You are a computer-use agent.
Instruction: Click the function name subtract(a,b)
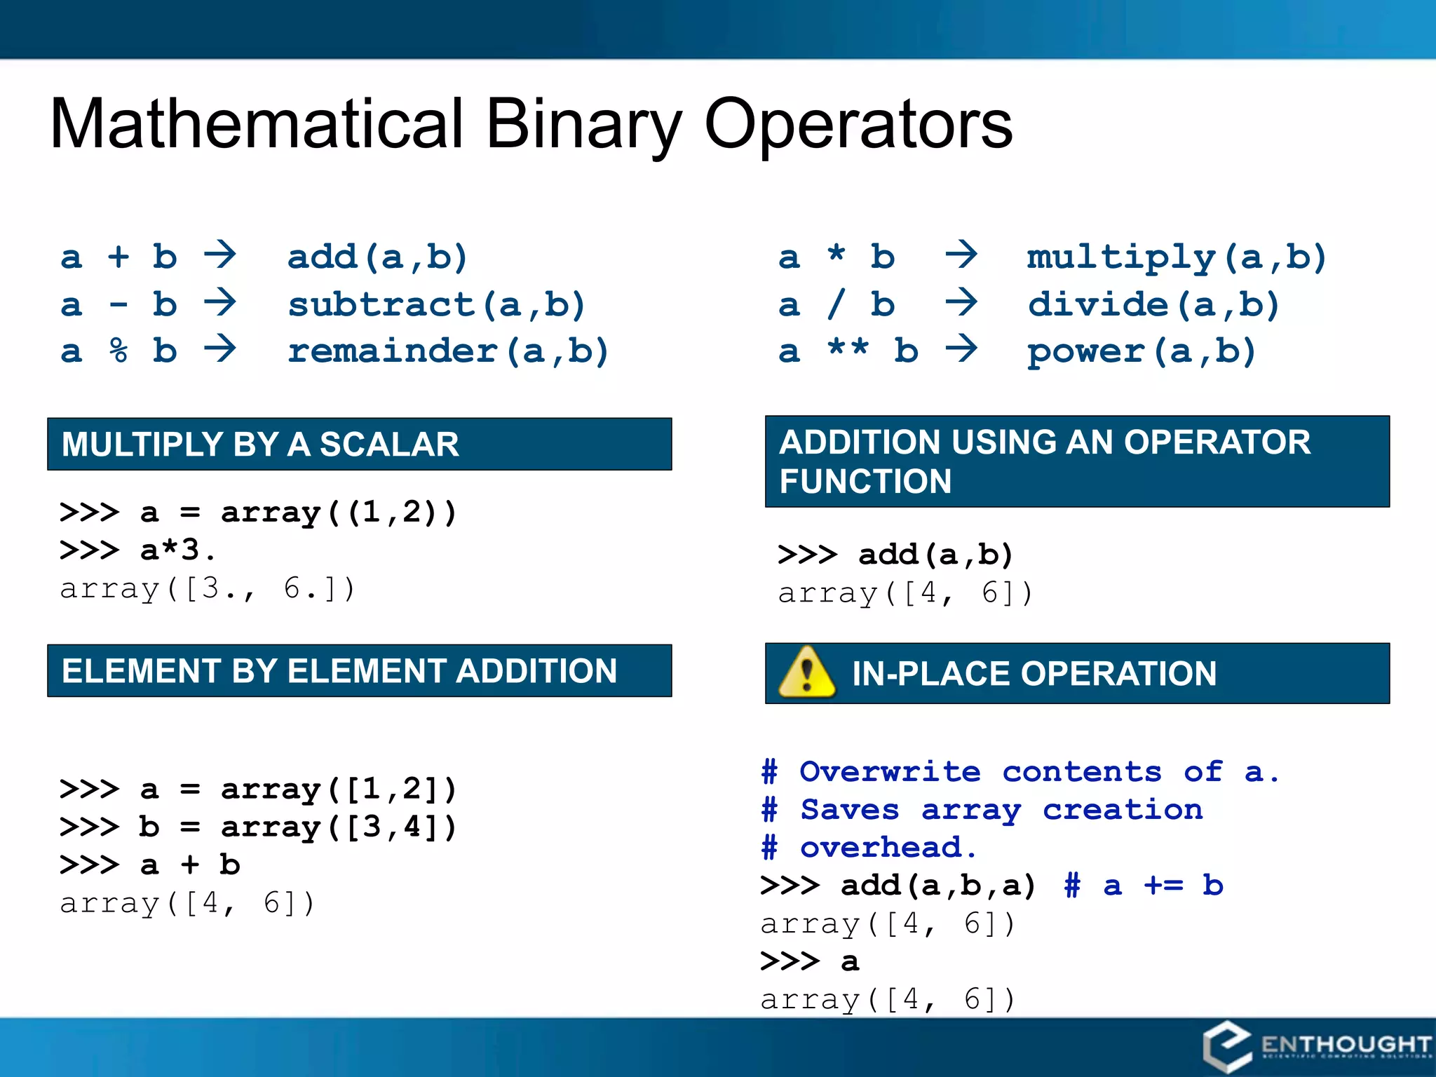coord(436,304)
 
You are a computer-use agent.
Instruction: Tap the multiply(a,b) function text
coord(1176,257)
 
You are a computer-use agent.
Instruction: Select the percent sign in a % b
coord(118,351)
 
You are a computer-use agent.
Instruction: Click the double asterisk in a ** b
coord(848,348)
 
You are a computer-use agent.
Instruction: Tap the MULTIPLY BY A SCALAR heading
coord(260,445)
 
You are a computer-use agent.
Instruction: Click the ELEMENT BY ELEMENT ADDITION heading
coord(339,671)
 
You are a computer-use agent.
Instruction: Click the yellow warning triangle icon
coord(807,672)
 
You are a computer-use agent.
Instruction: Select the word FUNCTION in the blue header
coord(865,482)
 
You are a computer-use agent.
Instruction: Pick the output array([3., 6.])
coord(208,589)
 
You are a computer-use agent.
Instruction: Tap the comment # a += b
coord(1144,886)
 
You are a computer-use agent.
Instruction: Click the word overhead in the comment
coord(881,848)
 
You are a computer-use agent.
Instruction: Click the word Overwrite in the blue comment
coord(890,772)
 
